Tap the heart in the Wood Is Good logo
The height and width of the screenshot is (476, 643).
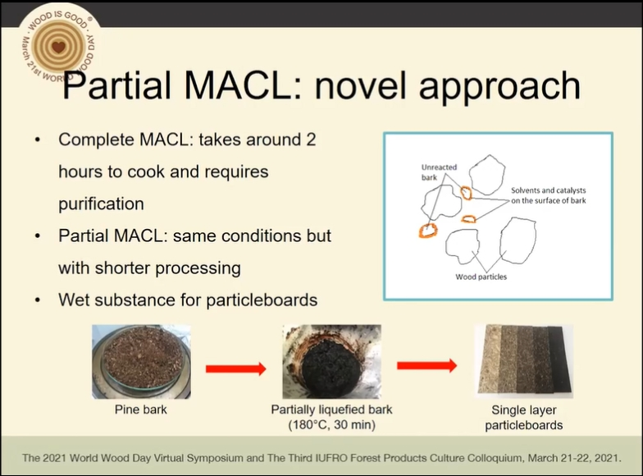59,47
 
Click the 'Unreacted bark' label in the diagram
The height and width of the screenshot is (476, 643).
439,172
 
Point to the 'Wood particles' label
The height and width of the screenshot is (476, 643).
481,277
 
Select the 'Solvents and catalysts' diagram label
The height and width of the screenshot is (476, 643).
548,190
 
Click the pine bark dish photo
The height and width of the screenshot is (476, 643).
141,361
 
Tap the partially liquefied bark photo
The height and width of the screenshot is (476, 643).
331,361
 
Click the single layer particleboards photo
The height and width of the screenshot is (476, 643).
523,361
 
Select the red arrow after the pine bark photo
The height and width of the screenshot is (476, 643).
236,368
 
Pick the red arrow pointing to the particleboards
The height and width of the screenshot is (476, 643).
426,364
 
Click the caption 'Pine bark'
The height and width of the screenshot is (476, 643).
141,410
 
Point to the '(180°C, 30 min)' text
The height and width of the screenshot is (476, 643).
331,425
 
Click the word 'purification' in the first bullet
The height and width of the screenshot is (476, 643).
101,204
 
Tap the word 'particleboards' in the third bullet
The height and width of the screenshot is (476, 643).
262,300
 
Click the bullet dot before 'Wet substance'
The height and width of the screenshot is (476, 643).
38,300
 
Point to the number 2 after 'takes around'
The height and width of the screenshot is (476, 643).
311,140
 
